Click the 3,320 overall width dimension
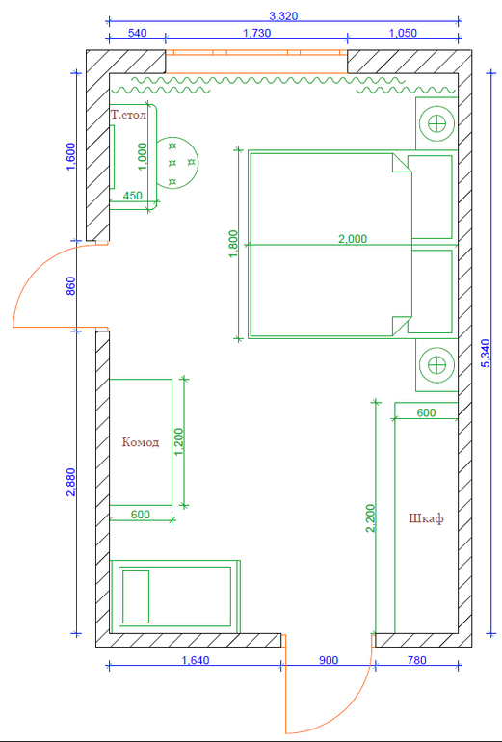coord(283,16)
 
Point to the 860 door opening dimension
coord(71,286)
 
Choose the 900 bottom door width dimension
coord(329,660)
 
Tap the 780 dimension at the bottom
coord(417,660)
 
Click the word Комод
coord(141,443)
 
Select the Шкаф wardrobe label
coord(426,518)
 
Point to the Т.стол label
coord(128,115)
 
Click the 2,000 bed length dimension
coord(353,239)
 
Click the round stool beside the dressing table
coord(177,162)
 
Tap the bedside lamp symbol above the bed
coord(436,124)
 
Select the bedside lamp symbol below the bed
coord(436,365)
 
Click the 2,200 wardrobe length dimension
coord(370,518)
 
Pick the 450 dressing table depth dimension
coord(133,195)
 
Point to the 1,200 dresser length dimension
coord(179,443)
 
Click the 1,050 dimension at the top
coord(402,33)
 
